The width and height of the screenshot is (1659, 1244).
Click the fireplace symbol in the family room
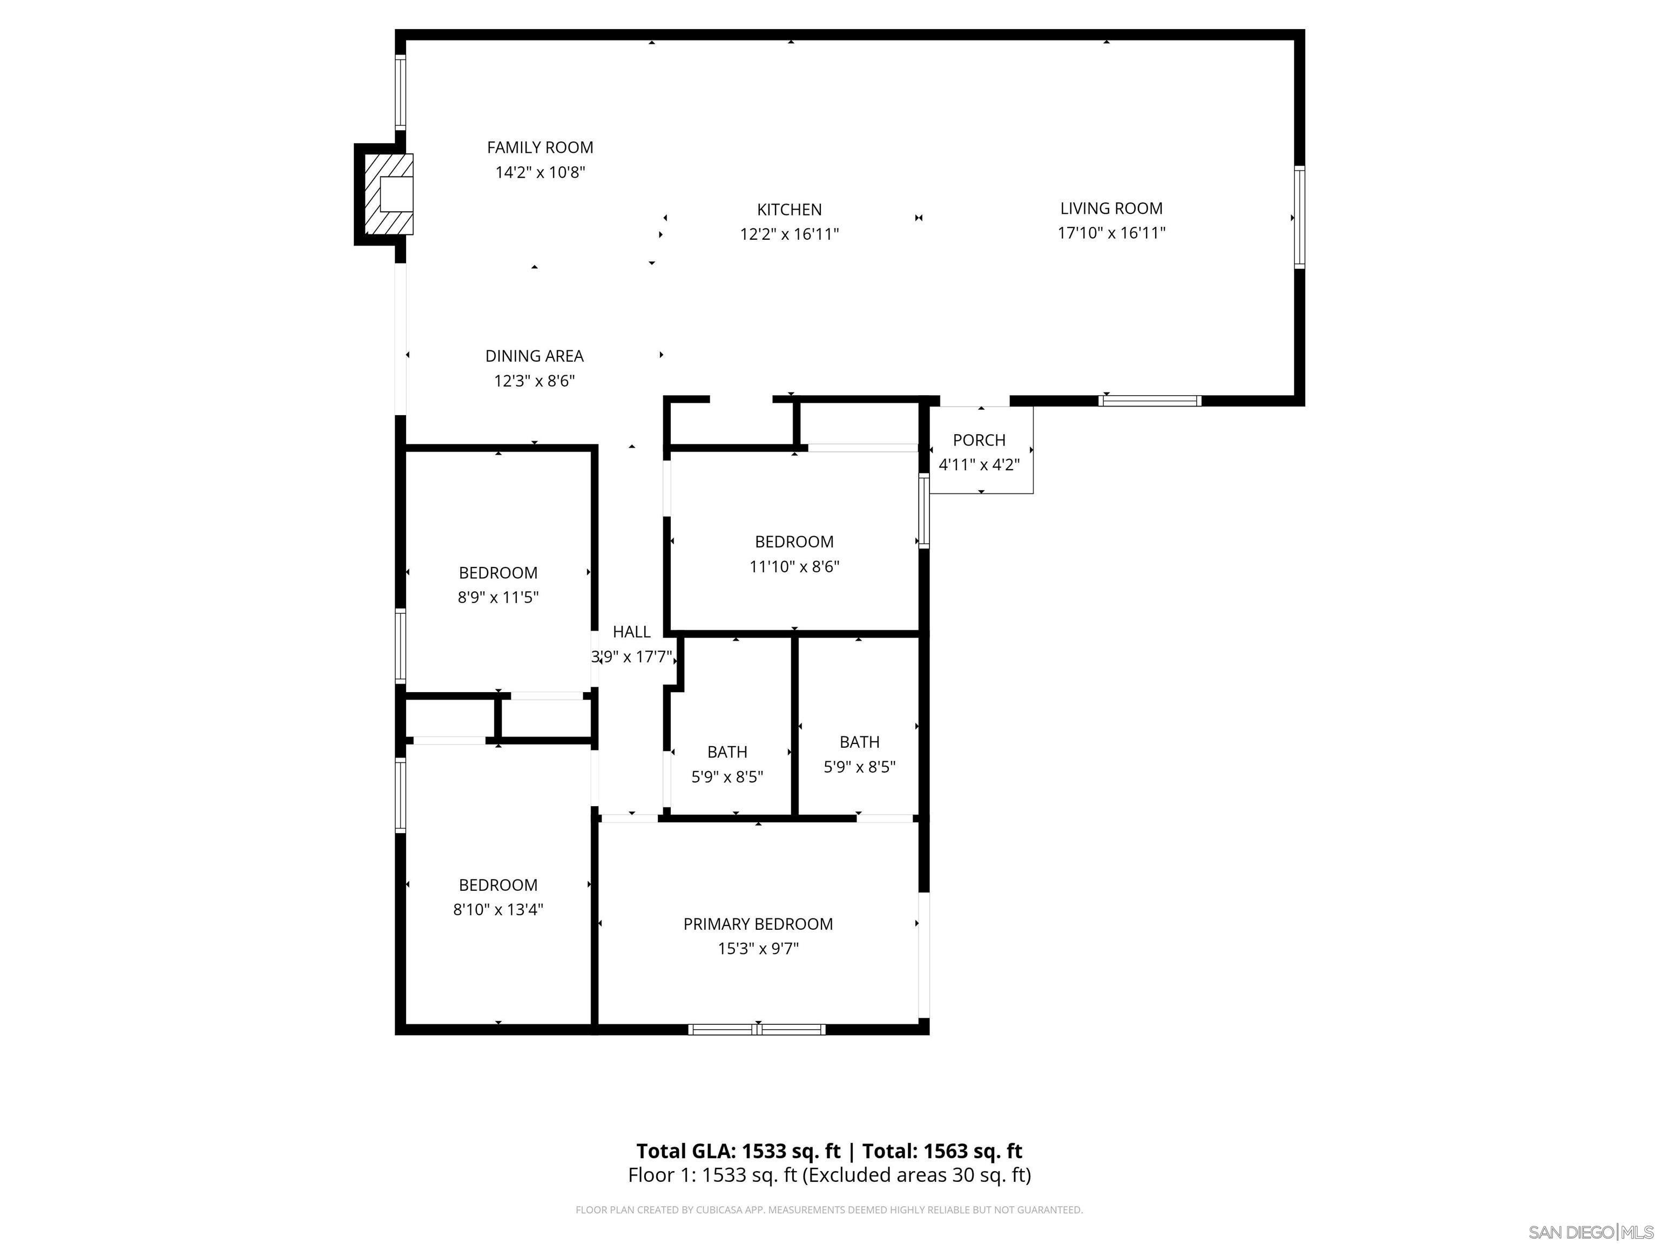(388, 194)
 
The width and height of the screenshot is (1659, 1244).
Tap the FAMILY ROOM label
(539, 148)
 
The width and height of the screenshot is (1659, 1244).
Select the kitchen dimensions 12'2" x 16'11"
(789, 234)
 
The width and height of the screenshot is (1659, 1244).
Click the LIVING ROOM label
(1111, 208)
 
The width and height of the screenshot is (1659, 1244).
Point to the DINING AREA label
(534, 356)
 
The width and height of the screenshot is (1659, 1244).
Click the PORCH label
(979, 440)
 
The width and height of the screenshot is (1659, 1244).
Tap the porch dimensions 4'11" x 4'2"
(979, 465)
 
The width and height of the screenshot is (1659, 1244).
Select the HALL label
(631, 632)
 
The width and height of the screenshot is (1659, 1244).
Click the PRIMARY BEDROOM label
(758, 924)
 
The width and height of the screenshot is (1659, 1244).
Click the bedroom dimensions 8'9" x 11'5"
(498, 598)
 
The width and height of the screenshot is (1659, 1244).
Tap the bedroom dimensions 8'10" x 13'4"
(498, 910)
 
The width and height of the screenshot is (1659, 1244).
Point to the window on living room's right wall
(1299, 218)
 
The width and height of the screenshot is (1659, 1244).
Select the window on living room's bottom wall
(1149, 401)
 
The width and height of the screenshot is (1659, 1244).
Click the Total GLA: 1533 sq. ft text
(738, 1151)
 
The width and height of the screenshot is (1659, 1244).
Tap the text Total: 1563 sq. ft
(942, 1151)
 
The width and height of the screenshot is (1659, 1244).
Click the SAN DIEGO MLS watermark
(1590, 1232)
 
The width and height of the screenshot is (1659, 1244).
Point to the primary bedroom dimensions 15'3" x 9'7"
(758, 949)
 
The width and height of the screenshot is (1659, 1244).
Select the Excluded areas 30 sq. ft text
(916, 1175)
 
